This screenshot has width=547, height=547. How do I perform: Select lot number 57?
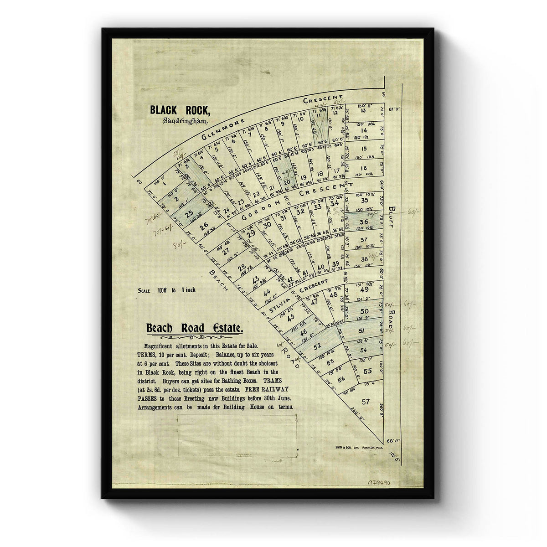point(365,402)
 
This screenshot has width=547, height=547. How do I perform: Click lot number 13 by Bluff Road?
point(363,110)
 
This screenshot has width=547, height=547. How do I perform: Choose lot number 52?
point(318,345)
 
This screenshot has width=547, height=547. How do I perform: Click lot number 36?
point(364,222)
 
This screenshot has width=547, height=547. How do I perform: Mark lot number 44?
point(268,292)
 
